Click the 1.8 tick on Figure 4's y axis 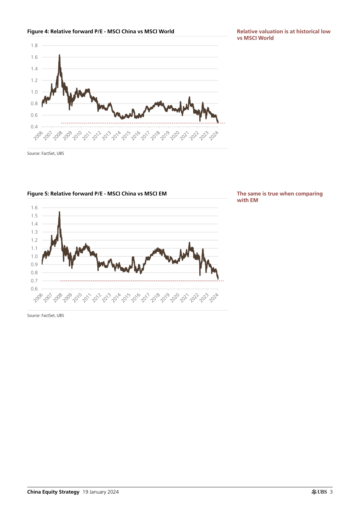click(x=34, y=46)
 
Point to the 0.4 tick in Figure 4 click(x=34, y=127)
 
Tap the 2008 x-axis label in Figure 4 click(x=58, y=136)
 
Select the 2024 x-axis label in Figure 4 click(x=214, y=136)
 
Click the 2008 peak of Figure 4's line click(x=59, y=55)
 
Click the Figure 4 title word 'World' click(x=166, y=31)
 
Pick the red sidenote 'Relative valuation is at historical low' click(x=283, y=31)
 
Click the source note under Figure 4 click(x=45, y=154)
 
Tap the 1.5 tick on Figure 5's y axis click(x=34, y=216)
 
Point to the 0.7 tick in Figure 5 click(x=34, y=281)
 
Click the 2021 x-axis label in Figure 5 click(x=185, y=298)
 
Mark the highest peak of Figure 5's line click(x=59, y=212)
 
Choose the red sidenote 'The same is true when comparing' click(x=280, y=194)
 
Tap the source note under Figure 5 click(x=45, y=315)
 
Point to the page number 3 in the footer click(x=331, y=492)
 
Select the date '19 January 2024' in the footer click(x=100, y=492)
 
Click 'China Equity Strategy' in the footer click(x=53, y=492)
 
